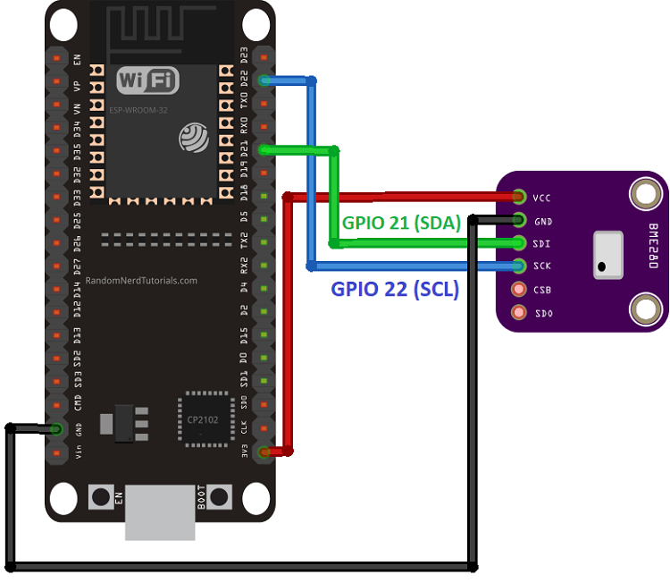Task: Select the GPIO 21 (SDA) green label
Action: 401,224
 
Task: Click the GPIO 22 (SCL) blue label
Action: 395,289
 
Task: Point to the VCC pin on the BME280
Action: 519,197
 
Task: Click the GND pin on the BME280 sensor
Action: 519,220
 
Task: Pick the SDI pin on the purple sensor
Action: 519,243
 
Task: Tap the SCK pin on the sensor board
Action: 519,266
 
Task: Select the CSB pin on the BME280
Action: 518,289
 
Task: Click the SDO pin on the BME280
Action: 518,312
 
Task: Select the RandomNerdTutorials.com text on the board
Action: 142,280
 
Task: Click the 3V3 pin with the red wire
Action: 264,452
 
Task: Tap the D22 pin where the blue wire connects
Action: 264,80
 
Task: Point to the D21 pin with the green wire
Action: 264,150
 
